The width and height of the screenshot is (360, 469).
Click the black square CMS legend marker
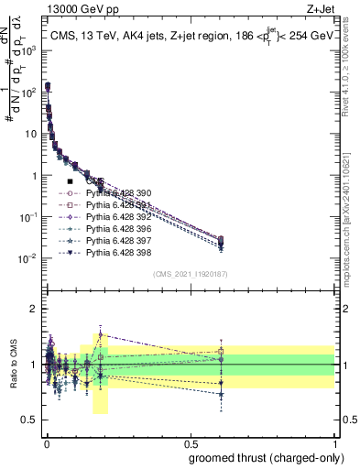[x=70, y=181]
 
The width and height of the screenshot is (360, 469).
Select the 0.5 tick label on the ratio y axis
[x=30, y=420]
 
